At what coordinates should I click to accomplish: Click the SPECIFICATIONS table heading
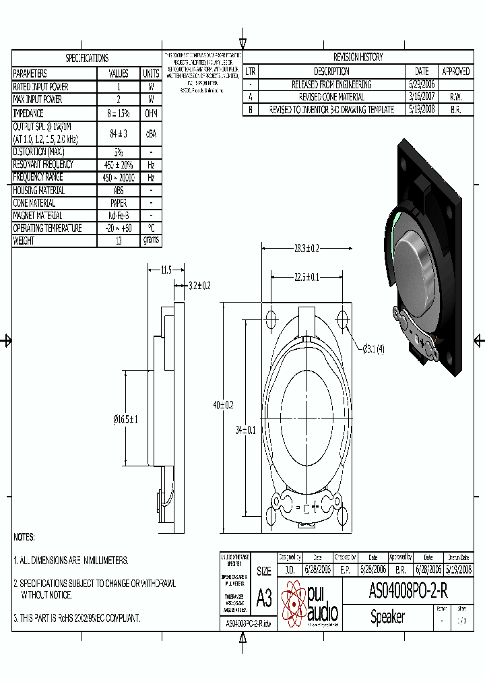click(x=87, y=58)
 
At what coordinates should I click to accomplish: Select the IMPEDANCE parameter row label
click(x=28, y=114)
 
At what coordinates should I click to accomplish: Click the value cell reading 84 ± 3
click(x=119, y=133)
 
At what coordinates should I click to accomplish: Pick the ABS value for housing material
click(x=119, y=191)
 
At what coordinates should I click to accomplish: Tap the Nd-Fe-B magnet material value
click(x=119, y=216)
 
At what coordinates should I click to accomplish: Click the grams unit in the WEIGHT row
click(x=151, y=241)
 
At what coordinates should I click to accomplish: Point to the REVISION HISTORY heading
click(x=358, y=57)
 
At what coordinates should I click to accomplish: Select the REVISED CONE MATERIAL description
click(x=331, y=97)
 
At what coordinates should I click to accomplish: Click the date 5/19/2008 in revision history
click(x=422, y=109)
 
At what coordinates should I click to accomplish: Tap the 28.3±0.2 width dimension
click(x=306, y=249)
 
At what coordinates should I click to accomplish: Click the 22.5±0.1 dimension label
click(x=306, y=276)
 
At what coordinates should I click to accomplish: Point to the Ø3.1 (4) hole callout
click(x=373, y=348)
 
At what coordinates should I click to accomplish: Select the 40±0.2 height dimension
click(x=223, y=405)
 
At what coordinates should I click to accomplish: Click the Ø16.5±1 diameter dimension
click(x=126, y=419)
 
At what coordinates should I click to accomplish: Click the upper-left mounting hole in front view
click(x=271, y=318)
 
